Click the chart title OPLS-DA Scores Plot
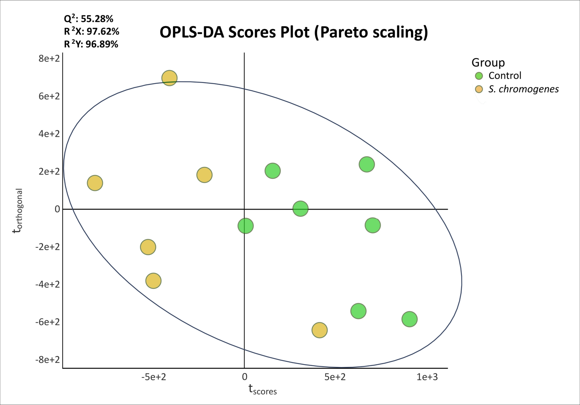294,32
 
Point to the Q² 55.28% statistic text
88,18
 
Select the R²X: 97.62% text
91,31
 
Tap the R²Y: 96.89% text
91,44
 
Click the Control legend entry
498,76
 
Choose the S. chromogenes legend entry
517,89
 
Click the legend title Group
488,62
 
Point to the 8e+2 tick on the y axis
49,58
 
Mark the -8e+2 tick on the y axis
47,360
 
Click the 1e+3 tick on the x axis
427,377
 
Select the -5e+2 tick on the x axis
154,377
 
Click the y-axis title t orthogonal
18,211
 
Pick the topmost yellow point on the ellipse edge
169,78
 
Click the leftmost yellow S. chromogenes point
95,183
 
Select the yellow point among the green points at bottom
319,330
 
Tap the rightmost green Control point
409,319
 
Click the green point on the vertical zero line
245,226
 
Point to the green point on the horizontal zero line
301,208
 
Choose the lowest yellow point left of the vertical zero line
153,281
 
